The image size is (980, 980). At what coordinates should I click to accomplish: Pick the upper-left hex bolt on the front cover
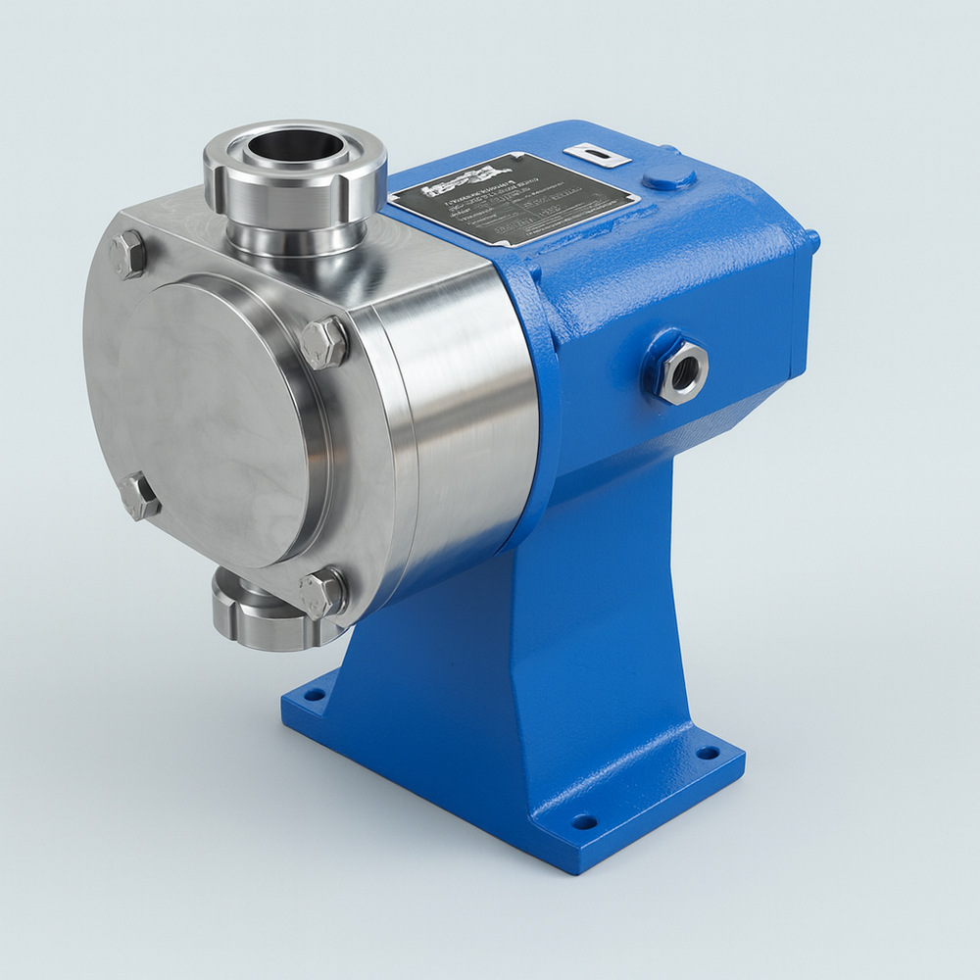coord(128,255)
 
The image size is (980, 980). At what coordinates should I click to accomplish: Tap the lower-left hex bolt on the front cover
coord(140,496)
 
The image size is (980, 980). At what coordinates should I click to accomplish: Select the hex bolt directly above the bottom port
coord(322,593)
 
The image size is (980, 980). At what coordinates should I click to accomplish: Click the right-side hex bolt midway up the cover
coord(323,343)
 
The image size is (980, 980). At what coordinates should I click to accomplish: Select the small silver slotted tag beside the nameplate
coord(596,155)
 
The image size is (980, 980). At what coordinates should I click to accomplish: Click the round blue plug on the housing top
coord(669,177)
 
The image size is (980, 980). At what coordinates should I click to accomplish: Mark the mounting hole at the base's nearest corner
coord(584,820)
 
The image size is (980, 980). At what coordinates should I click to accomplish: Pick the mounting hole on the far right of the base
coord(707,753)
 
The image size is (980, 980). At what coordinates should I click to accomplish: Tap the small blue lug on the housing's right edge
coord(811,239)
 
